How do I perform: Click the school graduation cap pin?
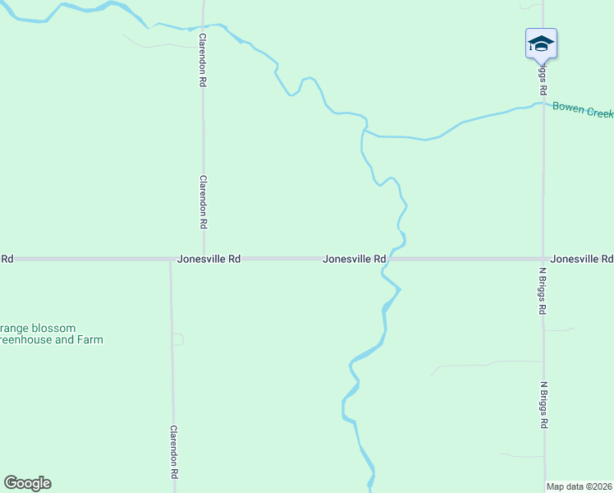point(541,43)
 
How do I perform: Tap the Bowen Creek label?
point(582,108)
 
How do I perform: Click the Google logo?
point(27,483)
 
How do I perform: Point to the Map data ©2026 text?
point(580,486)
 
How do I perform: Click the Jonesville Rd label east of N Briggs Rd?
point(582,259)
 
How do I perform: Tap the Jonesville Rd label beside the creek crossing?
point(355,259)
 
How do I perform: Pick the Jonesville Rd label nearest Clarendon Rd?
point(208,259)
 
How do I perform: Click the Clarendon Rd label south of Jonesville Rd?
point(174,453)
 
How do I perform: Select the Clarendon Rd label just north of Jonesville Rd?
point(203,201)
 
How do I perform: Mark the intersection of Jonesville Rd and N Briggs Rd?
point(543,259)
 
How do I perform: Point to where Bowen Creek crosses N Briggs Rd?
point(543,104)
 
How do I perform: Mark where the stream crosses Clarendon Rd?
point(203,25)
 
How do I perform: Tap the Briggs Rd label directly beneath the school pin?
point(543,78)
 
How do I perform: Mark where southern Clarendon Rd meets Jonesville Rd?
point(171,260)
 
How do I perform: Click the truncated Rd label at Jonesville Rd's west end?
point(7,259)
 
